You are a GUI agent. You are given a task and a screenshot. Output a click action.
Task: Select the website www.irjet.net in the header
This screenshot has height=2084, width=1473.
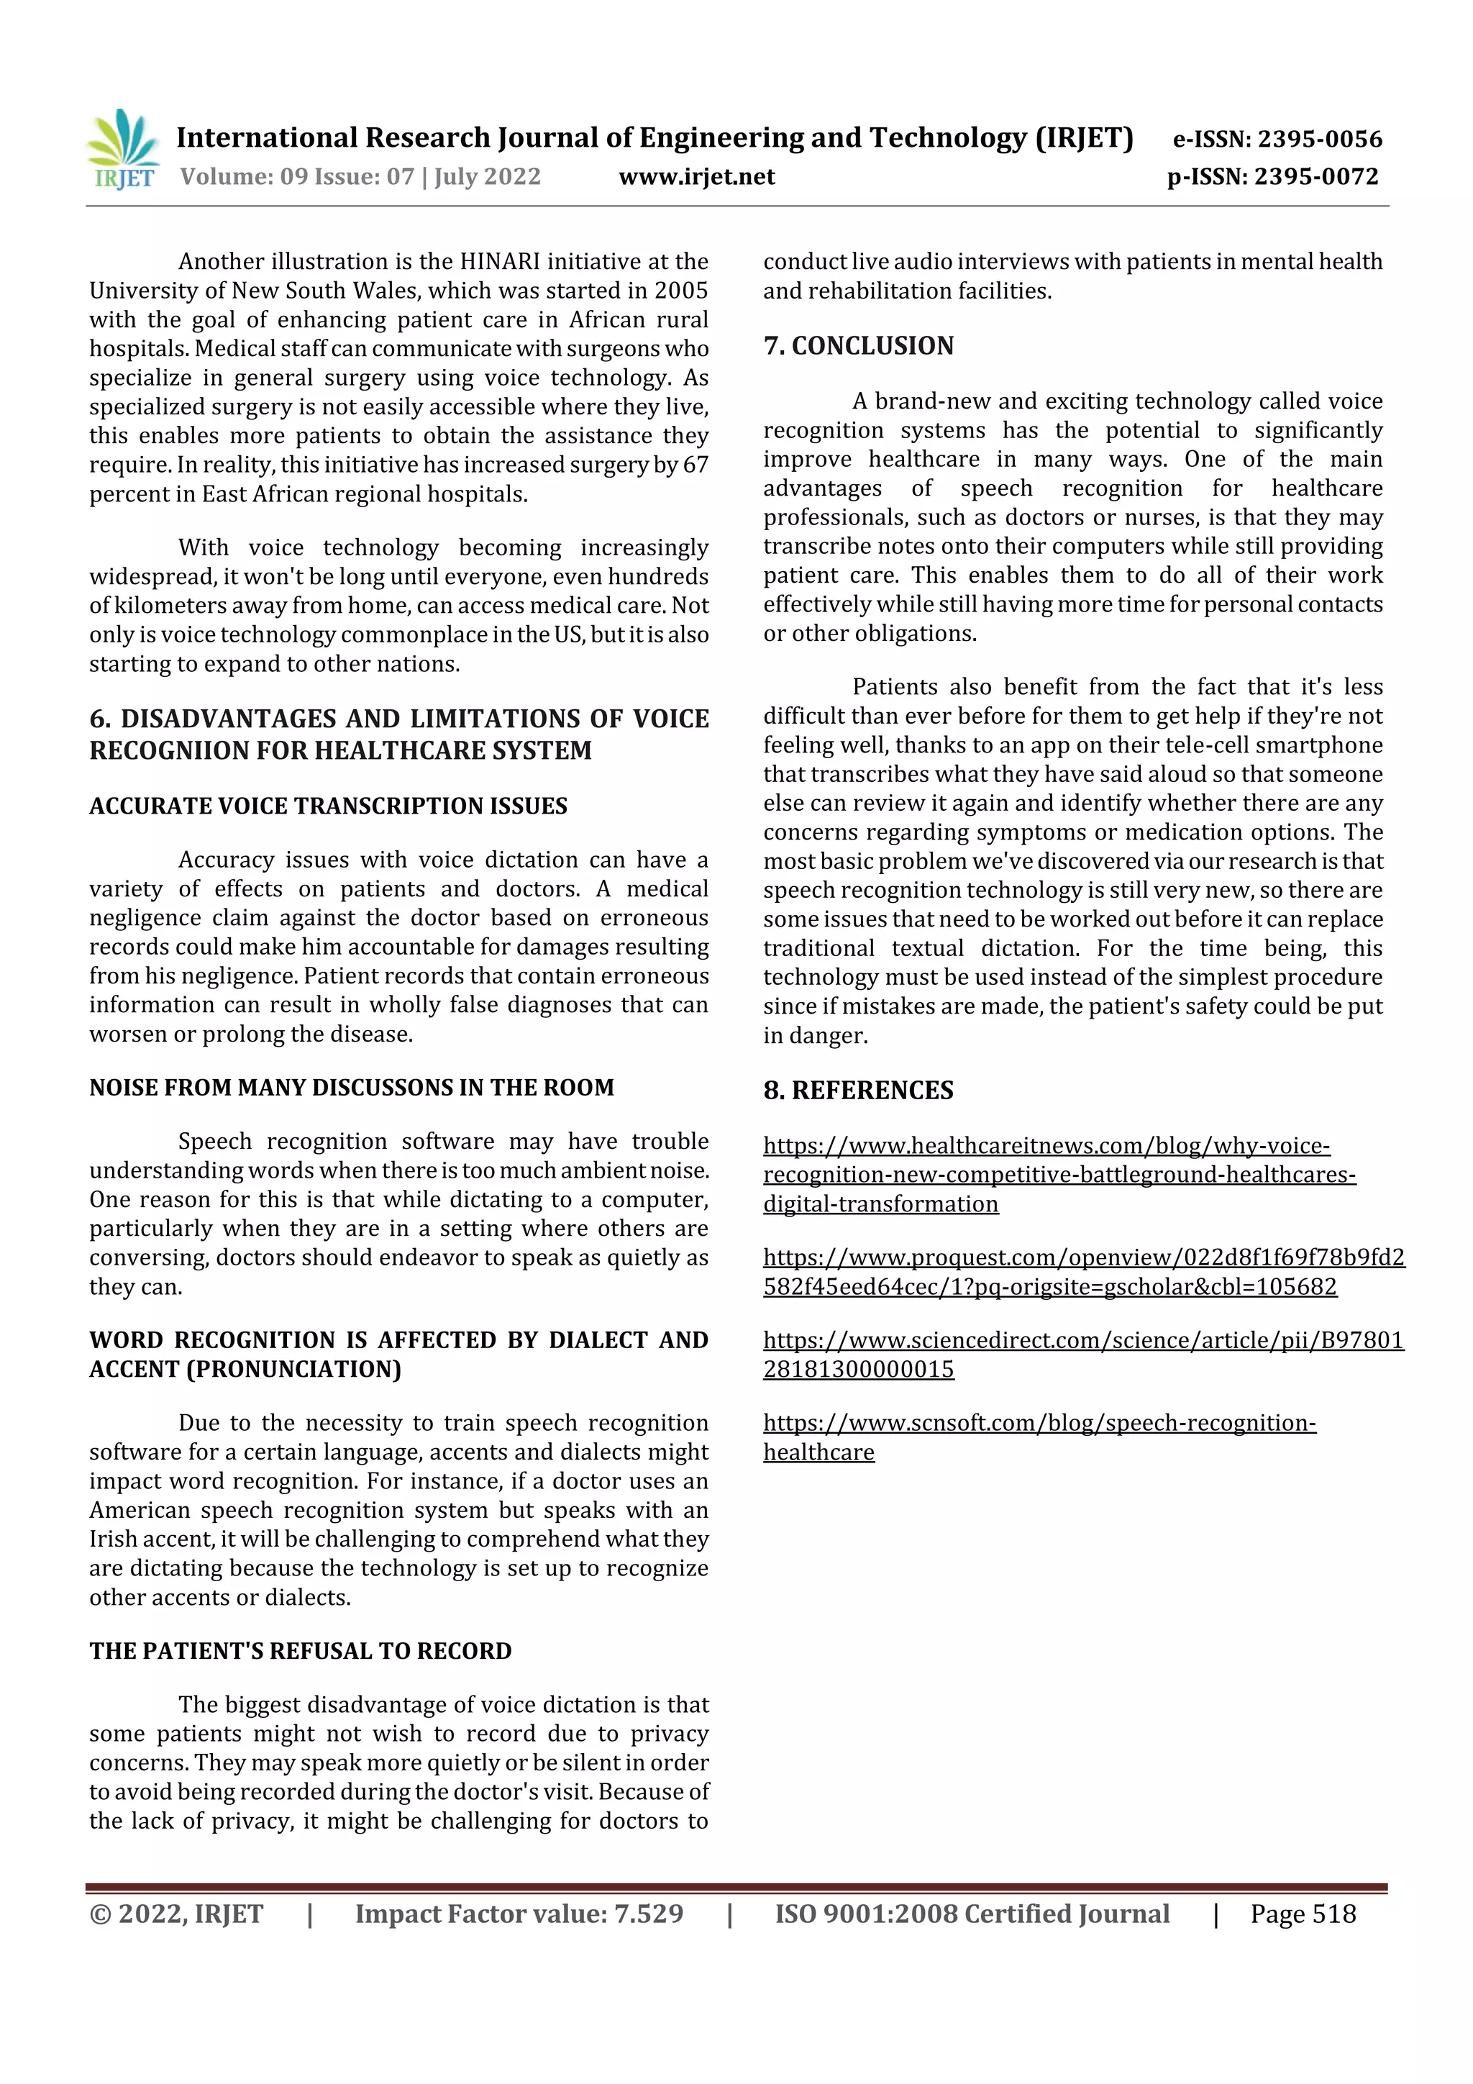[696, 176]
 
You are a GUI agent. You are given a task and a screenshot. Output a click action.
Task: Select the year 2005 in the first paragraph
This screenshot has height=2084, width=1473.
[680, 291]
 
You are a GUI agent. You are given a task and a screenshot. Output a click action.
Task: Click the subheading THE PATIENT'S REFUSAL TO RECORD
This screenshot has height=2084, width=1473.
[301, 1651]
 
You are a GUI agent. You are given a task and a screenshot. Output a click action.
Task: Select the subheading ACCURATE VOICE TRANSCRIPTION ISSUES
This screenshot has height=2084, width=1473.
[328, 806]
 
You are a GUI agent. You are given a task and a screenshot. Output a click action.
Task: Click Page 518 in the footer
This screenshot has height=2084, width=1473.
[1303, 1914]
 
